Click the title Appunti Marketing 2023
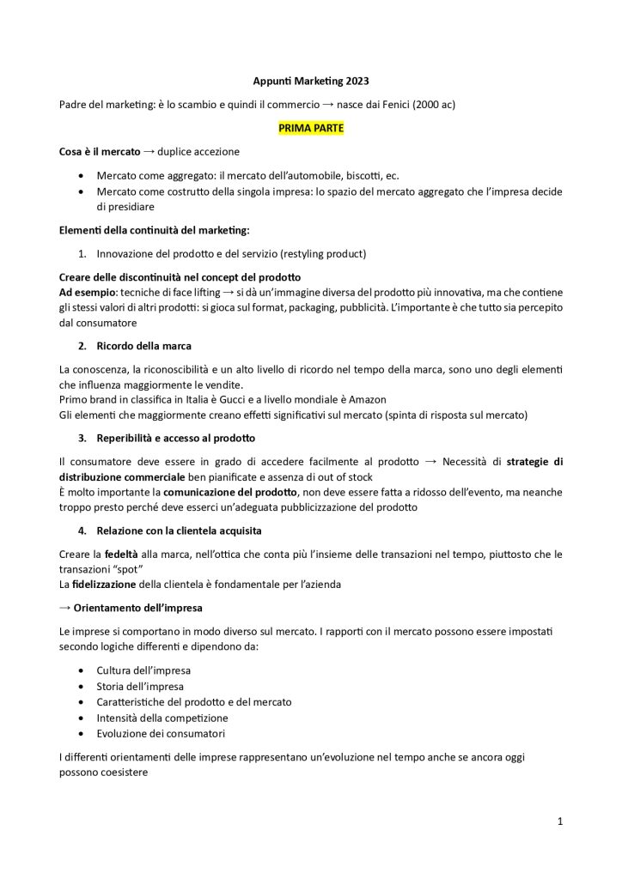[311, 81]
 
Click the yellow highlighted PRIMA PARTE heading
[310, 127]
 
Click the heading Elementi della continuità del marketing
[154, 229]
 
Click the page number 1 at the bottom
[560, 821]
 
